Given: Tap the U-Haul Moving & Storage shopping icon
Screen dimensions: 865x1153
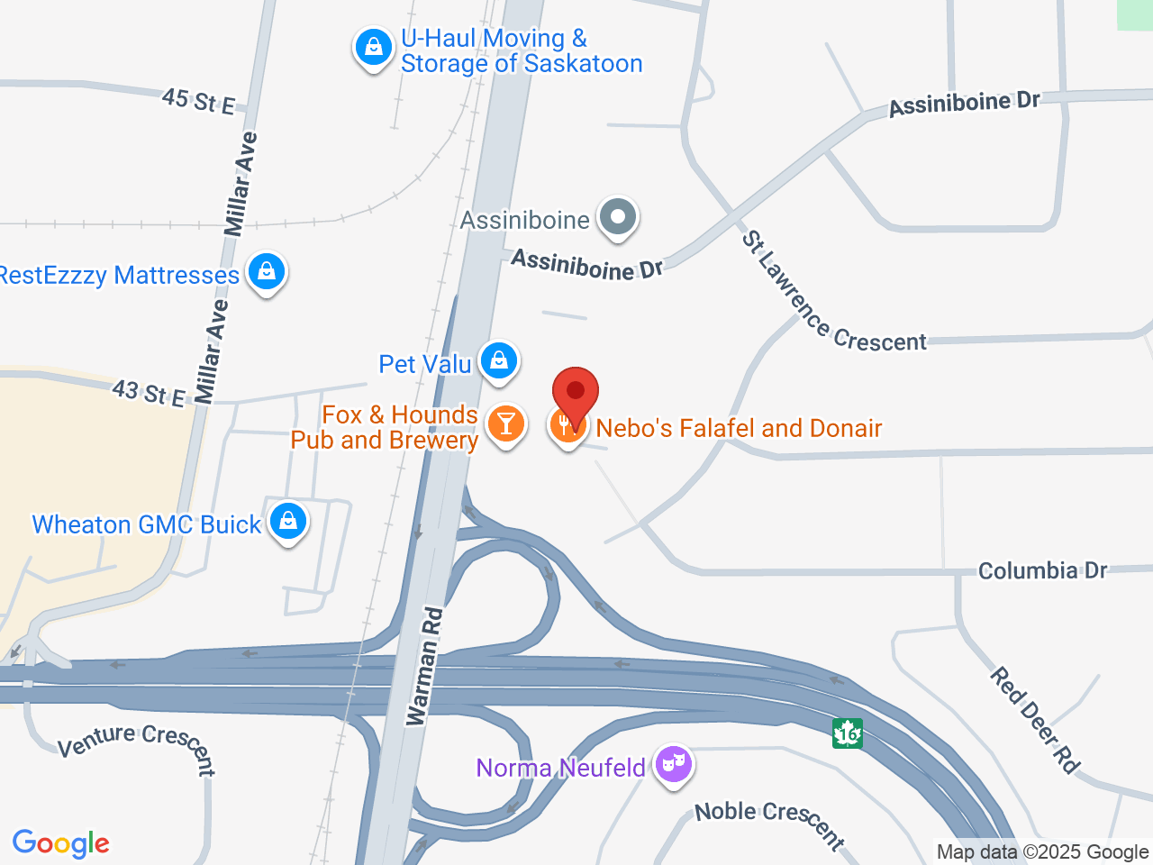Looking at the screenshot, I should pyautogui.click(x=373, y=48).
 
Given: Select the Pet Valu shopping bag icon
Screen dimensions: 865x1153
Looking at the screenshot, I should pyautogui.click(x=498, y=361).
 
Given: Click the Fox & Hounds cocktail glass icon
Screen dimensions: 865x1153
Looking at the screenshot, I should pyautogui.click(x=505, y=423).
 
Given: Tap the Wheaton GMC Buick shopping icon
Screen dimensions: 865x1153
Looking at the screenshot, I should pyautogui.click(x=288, y=522).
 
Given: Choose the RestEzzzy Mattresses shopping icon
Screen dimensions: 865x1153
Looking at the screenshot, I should pyautogui.click(x=266, y=271).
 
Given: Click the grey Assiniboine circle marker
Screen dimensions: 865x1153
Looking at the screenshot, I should pyautogui.click(x=618, y=217).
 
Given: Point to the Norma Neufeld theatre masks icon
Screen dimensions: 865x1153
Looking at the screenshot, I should pyautogui.click(x=672, y=765).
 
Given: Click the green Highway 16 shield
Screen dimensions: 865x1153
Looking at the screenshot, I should pyautogui.click(x=847, y=733).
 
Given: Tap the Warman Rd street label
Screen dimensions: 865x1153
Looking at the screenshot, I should pyautogui.click(x=424, y=667).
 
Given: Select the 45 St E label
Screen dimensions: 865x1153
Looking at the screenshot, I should pyautogui.click(x=199, y=101).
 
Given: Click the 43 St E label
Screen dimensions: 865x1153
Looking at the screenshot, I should pyautogui.click(x=149, y=393).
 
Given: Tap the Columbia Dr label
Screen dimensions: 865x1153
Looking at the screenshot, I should pyautogui.click(x=1042, y=570).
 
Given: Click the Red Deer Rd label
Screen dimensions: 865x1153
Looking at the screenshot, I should pyautogui.click(x=1035, y=720).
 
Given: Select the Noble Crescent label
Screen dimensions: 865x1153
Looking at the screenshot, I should pyautogui.click(x=770, y=823).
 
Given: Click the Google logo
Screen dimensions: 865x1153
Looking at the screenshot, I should pyautogui.click(x=61, y=843).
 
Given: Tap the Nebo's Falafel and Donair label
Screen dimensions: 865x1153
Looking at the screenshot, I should pyautogui.click(x=739, y=428).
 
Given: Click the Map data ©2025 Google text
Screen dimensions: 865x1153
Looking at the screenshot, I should pyautogui.click(x=1042, y=851).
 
